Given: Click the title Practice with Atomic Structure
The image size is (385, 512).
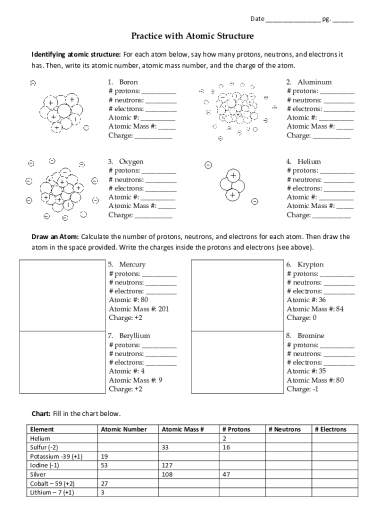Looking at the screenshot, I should pos(192,36).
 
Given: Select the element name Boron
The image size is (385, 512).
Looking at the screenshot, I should pos(128,82).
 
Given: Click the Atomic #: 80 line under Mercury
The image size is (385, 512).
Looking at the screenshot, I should pos(128,300).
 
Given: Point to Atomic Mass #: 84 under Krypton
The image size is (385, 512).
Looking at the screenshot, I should pos(315,309).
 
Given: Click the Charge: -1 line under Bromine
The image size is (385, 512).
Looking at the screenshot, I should pos(302,389).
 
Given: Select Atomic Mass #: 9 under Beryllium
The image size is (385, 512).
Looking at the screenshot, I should pos(135,380).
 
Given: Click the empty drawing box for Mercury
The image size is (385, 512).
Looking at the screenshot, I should pos(62,295).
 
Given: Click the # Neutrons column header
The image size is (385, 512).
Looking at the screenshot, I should pos(284,429).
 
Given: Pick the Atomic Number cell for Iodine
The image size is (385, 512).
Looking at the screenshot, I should pos(127,465).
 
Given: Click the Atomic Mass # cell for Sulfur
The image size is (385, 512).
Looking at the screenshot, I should pos(188,447).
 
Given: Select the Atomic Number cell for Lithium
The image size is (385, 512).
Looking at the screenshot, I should pos(127,492).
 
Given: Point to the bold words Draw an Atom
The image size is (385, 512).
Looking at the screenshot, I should pos(55,236).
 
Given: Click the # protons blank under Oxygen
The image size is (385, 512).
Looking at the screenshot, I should pos(159,171).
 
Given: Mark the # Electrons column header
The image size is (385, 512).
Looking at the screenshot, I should pos(330,429).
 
